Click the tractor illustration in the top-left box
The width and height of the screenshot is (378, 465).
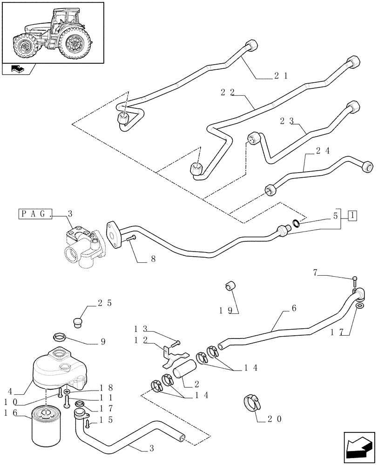(52, 33)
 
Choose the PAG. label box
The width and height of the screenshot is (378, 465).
(35, 214)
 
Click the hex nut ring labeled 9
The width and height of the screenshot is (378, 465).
(59, 336)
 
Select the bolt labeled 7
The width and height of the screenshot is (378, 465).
(355, 281)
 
